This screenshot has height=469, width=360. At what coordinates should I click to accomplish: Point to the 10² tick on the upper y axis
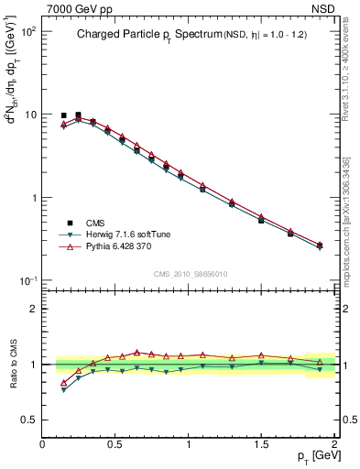27,31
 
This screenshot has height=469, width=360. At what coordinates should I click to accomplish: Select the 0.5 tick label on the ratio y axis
28,420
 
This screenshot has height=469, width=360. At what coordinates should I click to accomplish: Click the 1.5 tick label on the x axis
261,443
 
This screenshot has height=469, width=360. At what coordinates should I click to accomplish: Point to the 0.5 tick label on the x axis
115,443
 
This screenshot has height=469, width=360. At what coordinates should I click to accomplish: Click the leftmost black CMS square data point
63,116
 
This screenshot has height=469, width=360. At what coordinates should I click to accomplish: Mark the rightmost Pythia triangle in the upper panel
320,245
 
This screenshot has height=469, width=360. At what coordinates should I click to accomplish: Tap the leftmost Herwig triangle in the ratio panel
63,390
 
